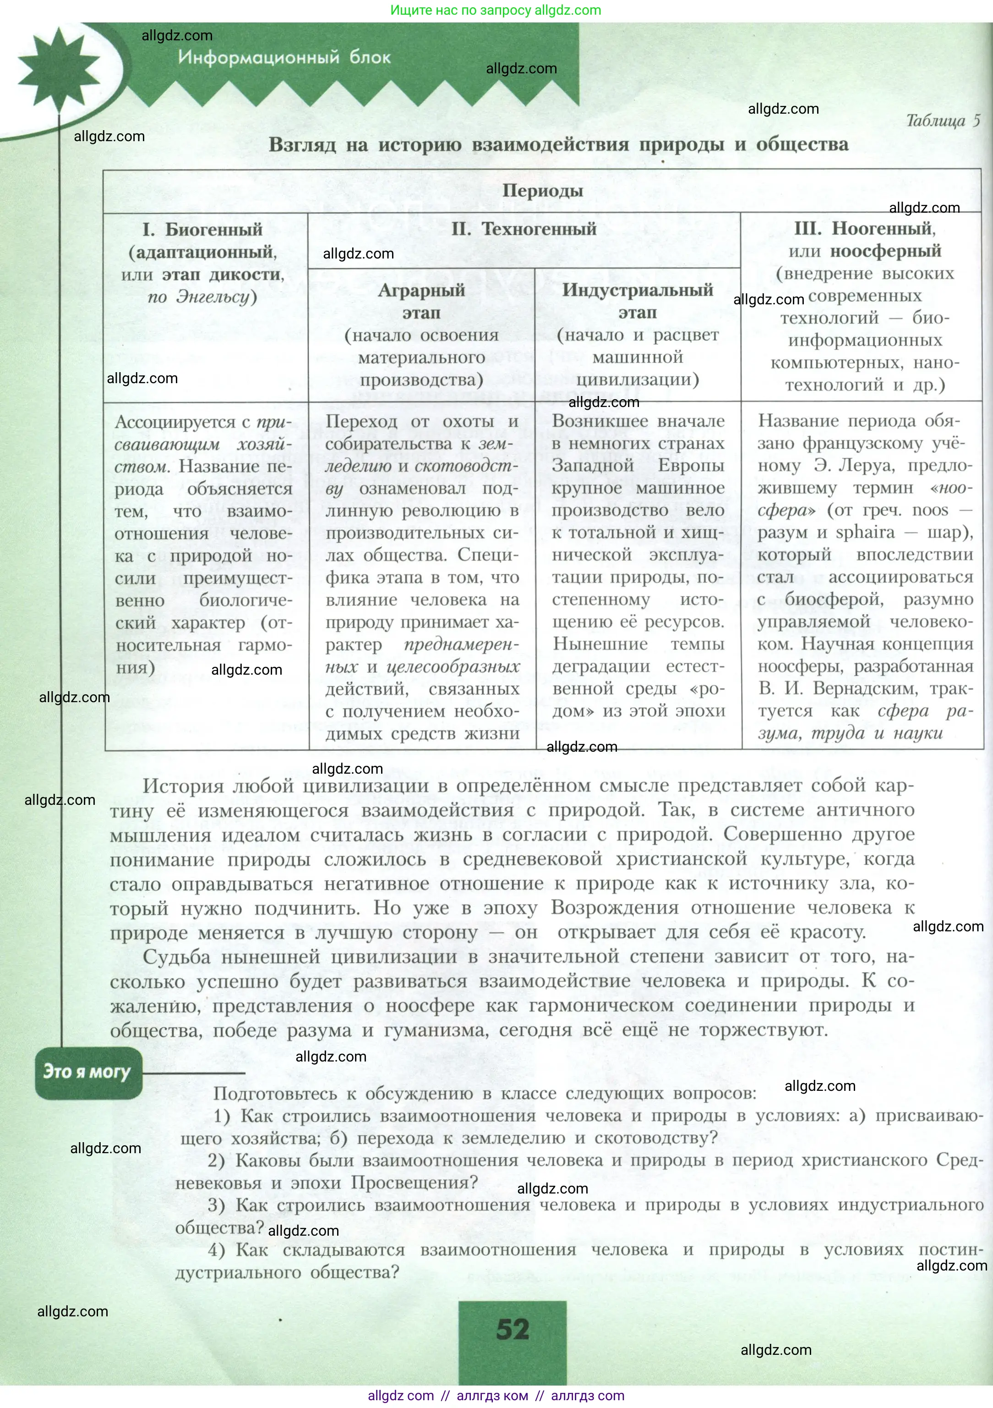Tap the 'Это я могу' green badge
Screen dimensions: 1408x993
[x=87, y=1072]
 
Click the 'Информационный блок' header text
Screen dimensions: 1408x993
[x=284, y=58]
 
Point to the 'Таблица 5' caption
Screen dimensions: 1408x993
[x=943, y=121]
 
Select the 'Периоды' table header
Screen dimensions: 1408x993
[x=542, y=191]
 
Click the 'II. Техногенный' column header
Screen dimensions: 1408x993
[x=524, y=229]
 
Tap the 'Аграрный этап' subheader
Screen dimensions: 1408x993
[x=422, y=301]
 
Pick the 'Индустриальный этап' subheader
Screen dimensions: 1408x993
[x=638, y=301]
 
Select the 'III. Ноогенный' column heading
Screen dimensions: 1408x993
[x=864, y=229]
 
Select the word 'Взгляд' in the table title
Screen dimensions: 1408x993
[x=302, y=145]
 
